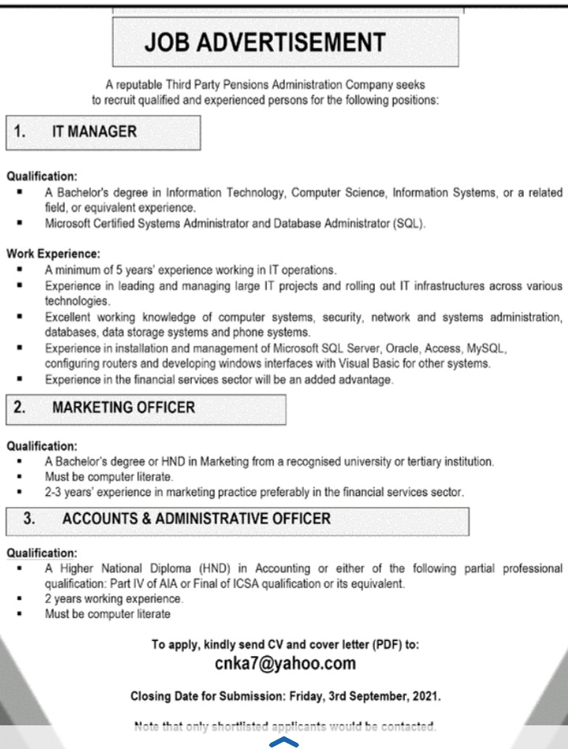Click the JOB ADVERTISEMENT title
point(285,42)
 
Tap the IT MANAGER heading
point(94,132)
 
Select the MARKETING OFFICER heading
point(124,408)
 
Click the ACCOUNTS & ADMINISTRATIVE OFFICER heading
point(196,519)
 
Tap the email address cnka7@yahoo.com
point(285,664)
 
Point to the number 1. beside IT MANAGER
point(21,132)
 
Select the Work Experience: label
point(54,254)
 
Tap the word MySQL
point(486,348)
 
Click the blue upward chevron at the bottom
point(284,742)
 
